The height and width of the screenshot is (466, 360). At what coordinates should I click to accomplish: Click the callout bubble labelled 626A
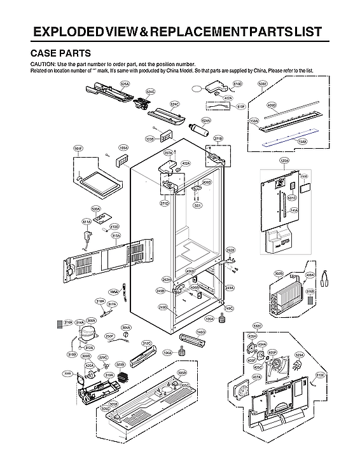click(x=125, y=83)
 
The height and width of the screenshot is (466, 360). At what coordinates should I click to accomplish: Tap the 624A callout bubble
click(x=205, y=120)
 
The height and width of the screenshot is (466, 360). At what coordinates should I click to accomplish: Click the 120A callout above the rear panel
click(x=284, y=161)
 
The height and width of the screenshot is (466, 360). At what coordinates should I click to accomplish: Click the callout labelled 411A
click(x=87, y=221)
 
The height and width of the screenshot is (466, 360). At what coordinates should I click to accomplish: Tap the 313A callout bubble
click(x=116, y=235)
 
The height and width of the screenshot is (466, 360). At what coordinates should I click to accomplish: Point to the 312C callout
click(x=146, y=343)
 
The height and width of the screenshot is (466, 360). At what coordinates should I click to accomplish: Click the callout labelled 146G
click(x=201, y=332)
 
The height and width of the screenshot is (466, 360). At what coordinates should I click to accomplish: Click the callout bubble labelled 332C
click(x=257, y=325)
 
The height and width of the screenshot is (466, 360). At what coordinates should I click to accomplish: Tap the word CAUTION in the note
click(x=41, y=65)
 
